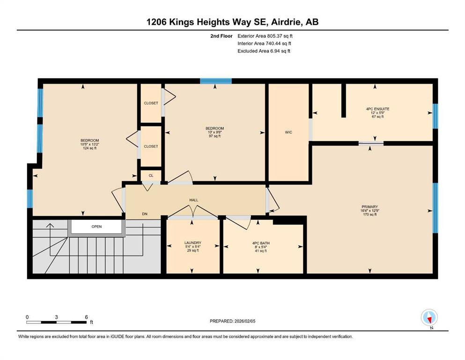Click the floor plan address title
coord(232,22)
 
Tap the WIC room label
coord(288,132)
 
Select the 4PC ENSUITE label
coord(378,109)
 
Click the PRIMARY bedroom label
coord(370,207)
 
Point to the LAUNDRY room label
coord(193,243)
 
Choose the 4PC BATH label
coord(261,243)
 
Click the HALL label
coord(194,200)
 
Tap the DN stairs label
coord(145,214)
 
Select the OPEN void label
coord(96,226)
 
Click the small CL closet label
coord(151,176)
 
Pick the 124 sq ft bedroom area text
coord(90,148)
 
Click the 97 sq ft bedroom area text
coord(215,136)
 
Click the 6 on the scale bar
coord(86,317)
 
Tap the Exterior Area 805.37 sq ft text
coord(265,36)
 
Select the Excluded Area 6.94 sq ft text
coord(264,51)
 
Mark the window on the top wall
coord(216,81)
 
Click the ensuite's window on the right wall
coord(435,116)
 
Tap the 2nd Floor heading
coord(221,36)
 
